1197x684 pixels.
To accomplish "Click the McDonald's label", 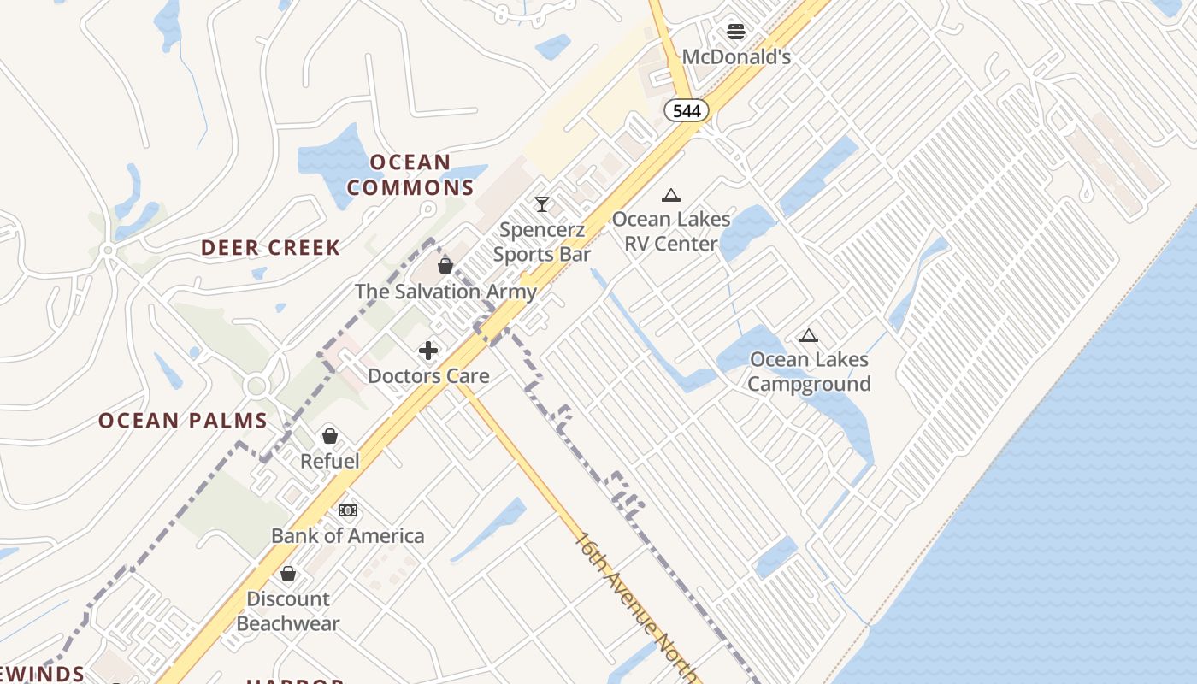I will point(736,57).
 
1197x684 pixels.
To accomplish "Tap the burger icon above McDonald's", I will point(736,32).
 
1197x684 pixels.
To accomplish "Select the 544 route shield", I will point(687,110).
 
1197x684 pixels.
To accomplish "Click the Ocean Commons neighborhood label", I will point(410,175).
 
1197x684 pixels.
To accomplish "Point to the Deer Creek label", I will point(270,248).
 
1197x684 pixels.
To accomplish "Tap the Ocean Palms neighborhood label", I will point(183,421).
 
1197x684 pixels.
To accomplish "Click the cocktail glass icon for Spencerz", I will point(541,204).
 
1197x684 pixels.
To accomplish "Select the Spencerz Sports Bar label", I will point(542,242).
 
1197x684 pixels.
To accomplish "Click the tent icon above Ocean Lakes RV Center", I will point(671,195).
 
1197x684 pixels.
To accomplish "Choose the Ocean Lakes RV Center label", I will point(671,232).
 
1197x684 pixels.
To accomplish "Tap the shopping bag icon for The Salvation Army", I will point(445,266).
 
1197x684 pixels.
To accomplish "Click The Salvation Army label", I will point(445,292).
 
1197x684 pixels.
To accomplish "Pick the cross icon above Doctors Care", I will point(428,351).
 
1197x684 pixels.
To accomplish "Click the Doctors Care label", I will point(428,376).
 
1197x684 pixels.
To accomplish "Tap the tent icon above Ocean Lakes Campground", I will point(809,335).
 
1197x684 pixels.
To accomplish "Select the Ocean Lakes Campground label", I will point(809,372).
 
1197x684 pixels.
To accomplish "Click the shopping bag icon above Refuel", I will point(330,436).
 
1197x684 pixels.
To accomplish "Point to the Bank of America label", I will point(347,536).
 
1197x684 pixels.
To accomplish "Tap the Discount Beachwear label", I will point(288,611).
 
